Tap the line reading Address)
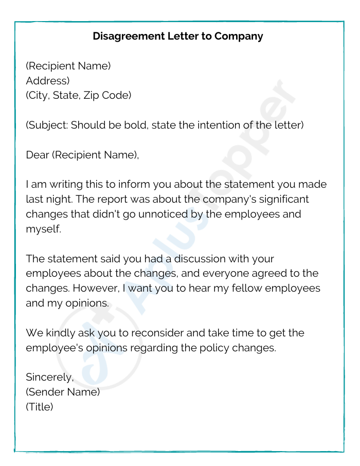pos(47,81)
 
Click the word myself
pos(43,229)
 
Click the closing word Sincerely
pos(50,377)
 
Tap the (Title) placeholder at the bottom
pos(40,407)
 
